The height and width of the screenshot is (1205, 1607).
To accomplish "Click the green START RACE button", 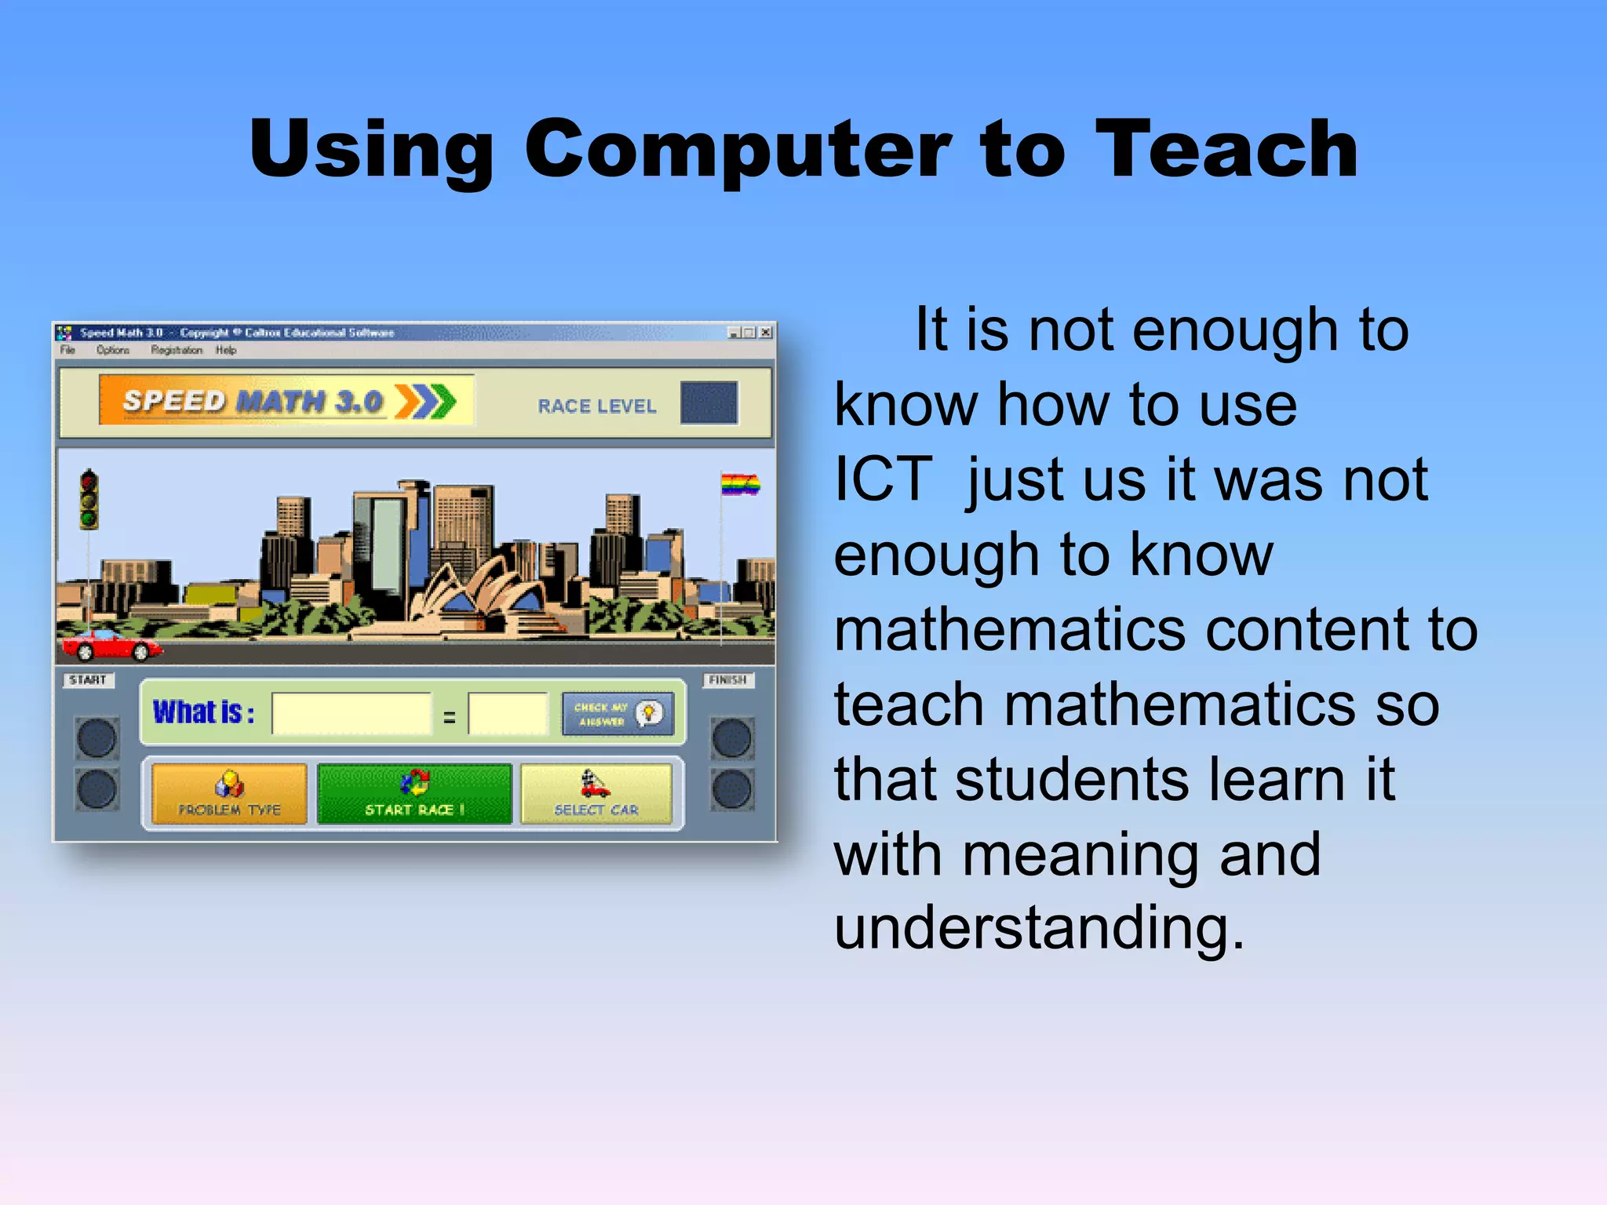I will point(414,794).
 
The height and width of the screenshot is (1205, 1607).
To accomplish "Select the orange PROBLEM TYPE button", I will point(229,794).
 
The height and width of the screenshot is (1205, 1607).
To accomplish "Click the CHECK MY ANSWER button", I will point(618,714).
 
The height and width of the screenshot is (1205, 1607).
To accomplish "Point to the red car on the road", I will point(111,645).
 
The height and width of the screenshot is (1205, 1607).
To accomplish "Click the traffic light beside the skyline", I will point(89,499).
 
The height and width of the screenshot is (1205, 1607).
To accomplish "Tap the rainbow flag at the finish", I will point(739,485).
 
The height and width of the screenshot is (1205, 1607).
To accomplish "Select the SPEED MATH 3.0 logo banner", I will point(286,401).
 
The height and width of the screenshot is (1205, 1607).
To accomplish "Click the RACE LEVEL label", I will point(596,406).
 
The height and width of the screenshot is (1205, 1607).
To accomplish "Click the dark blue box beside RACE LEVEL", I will point(709,403).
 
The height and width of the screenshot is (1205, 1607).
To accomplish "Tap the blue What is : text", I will point(203,712).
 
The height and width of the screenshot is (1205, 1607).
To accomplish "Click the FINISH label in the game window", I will point(727,680).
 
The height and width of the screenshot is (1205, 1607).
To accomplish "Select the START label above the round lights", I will point(88,680).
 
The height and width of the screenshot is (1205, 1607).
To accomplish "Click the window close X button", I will point(766,333).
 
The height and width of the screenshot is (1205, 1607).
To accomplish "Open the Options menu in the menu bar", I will point(113,350).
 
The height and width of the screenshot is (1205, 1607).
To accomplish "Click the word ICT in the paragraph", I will point(883,479).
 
